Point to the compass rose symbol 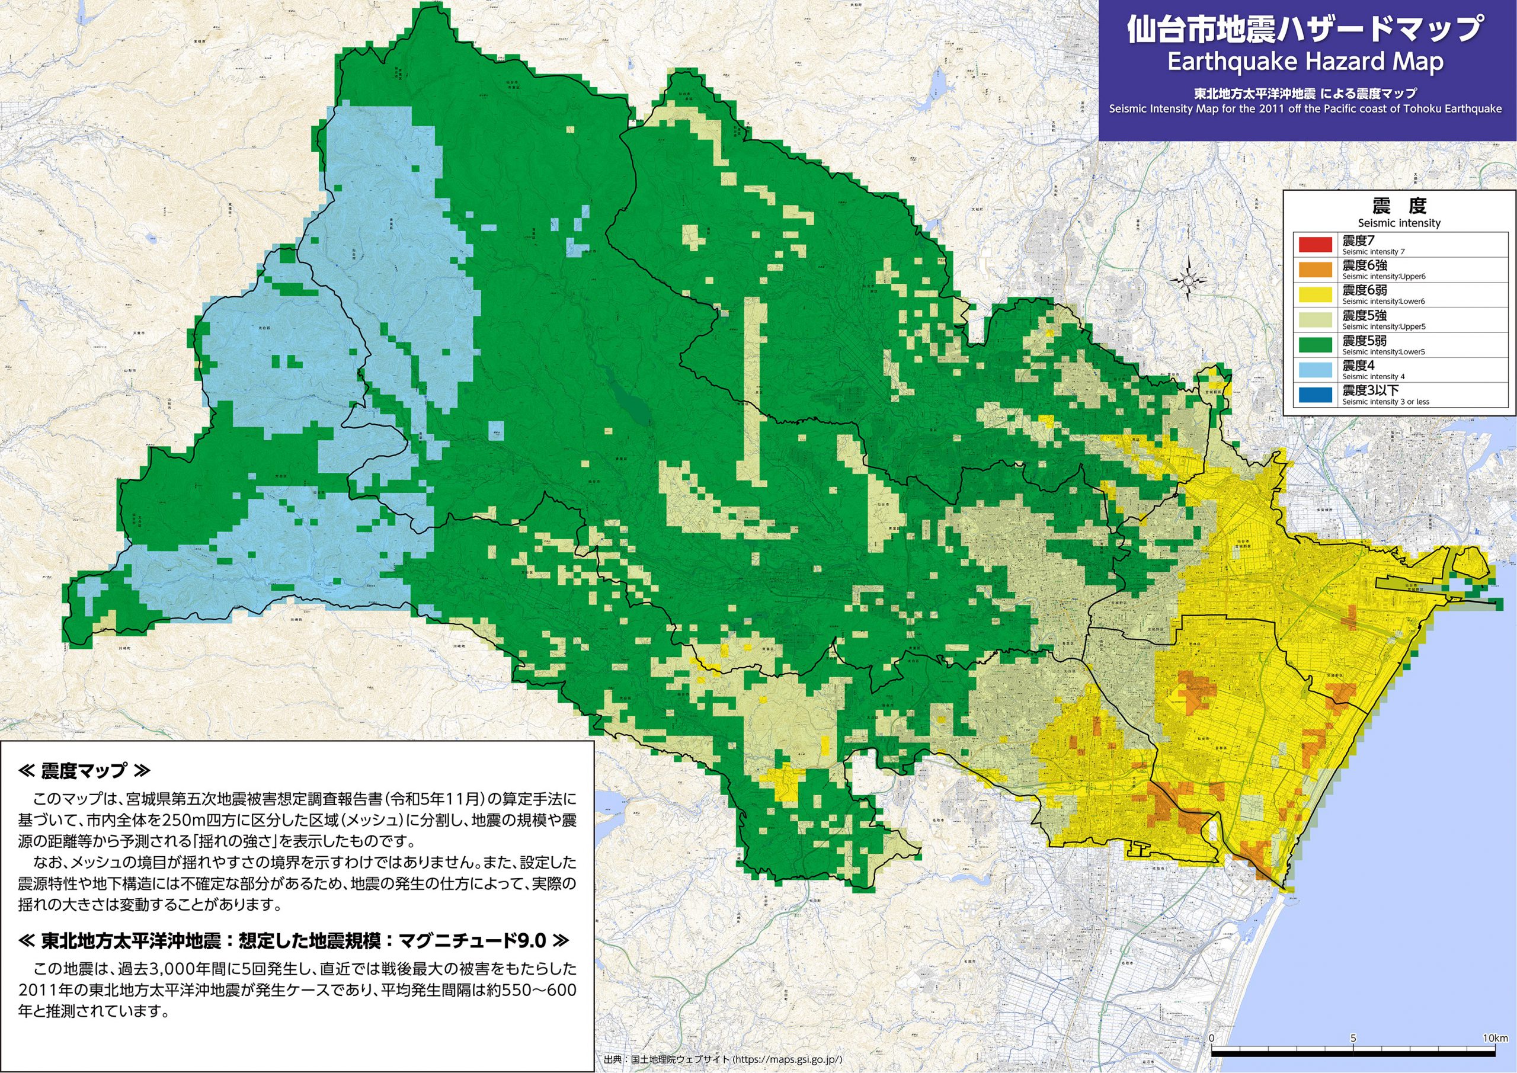[1188, 281]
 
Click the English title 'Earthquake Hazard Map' [1305, 62]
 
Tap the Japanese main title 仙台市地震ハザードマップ [1305, 29]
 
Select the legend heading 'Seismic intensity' [1398, 223]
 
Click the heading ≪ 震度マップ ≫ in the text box [85, 770]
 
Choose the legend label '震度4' [1358, 365]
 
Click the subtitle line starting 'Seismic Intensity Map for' [1305, 109]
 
